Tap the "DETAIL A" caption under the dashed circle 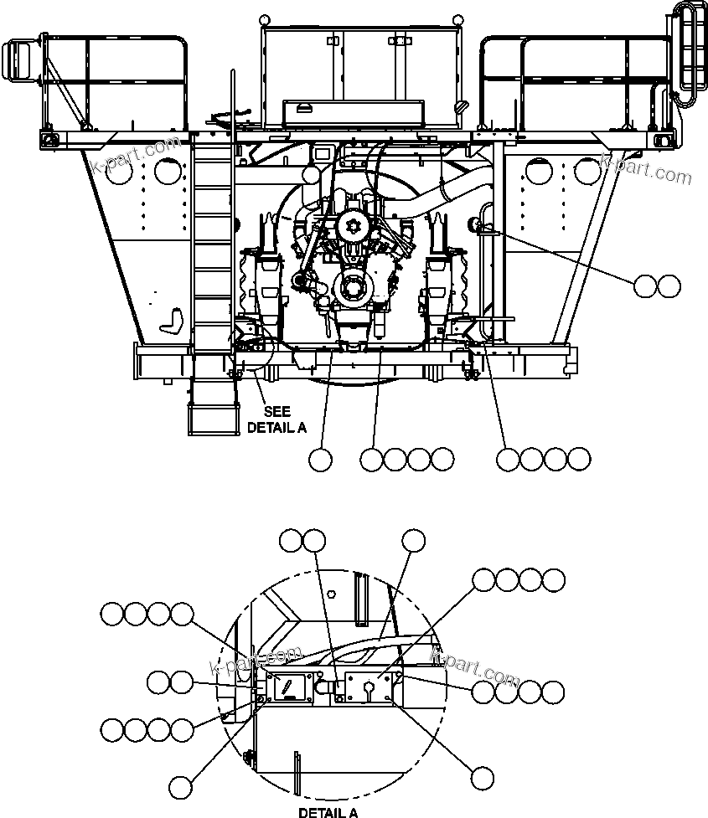[328, 811]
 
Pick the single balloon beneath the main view [320, 459]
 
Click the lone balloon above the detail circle [413, 541]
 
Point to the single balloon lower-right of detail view [481, 778]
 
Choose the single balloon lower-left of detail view [180, 786]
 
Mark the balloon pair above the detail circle [302, 541]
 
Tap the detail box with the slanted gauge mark [289, 687]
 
